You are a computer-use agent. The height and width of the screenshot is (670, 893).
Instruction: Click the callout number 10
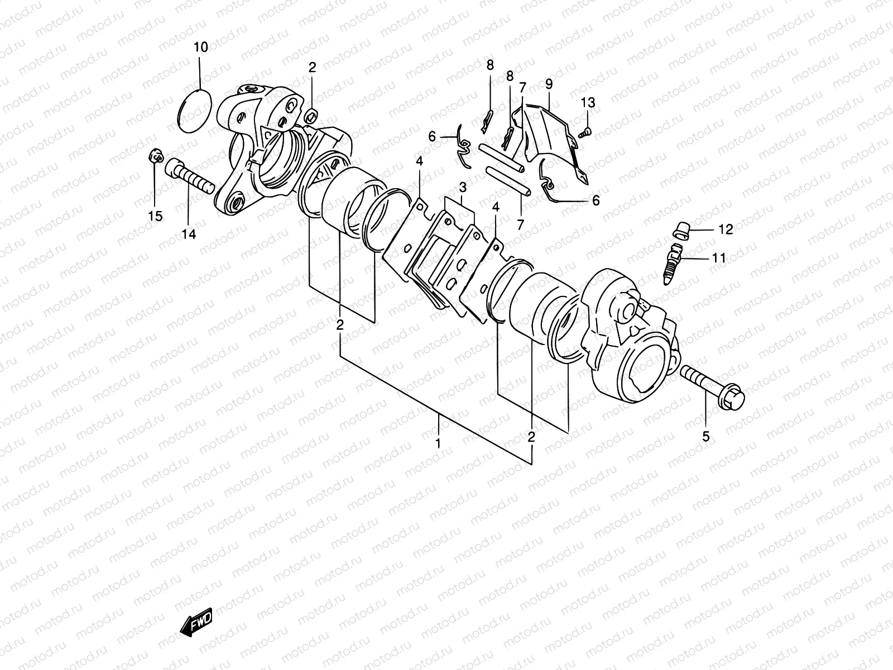(x=200, y=47)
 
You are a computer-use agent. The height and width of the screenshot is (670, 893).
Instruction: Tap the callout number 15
(x=155, y=216)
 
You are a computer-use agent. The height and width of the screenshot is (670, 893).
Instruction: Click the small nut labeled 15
(x=156, y=155)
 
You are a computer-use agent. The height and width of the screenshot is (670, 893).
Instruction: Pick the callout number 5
(x=705, y=437)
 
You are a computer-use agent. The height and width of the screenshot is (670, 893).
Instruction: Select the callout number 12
(x=725, y=229)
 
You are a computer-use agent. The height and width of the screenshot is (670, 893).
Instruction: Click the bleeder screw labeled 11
(x=673, y=260)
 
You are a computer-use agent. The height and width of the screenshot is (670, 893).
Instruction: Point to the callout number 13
(x=588, y=103)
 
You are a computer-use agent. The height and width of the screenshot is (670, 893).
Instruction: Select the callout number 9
(x=549, y=85)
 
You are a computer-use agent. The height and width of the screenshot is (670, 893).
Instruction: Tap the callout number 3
(x=463, y=186)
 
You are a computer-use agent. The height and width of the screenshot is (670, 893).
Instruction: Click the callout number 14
(x=189, y=234)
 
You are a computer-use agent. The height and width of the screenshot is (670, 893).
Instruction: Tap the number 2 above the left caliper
(x=312, y=68)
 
